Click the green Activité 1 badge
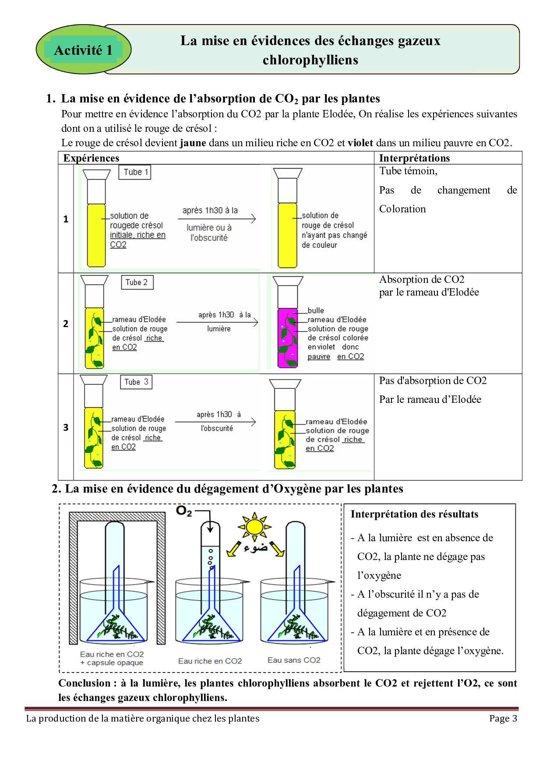pos(83,49)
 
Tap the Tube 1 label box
pos(135,172)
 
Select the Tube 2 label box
pos(137,282)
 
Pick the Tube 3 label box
pos(136,382)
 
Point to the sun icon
pos(254,526)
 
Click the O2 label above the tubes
pos(184,511)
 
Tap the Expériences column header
pos(91,158)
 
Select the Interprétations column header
pos(414,158)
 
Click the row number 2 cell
pos(66,324)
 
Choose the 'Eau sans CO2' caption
pos(294,660)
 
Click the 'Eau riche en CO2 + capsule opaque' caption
pos(112,658)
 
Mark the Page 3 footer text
pos(503,719)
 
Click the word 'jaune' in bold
pos(193,143)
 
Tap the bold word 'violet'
pos(360,143)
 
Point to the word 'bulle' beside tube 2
pos(316,310)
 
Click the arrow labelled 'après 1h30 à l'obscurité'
pos(215,422)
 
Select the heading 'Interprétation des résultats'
pos(414,514)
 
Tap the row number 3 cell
pos(66,427)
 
